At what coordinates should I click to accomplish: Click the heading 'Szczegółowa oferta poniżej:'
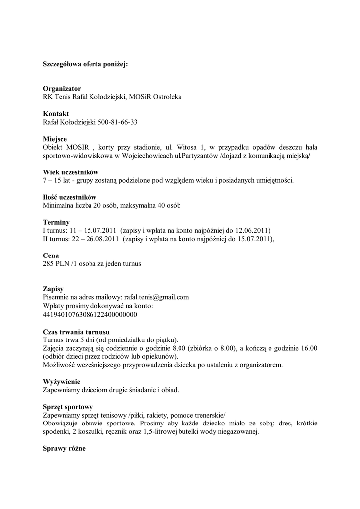[x=85, y=64]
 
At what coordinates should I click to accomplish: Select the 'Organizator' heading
[x=62, y=89]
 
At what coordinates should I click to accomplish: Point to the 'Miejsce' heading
[x=55, y=139]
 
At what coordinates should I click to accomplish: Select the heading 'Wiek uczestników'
[x=71, y=172]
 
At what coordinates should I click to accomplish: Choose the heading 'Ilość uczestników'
[x=70, y=197]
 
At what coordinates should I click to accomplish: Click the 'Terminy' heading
[x=56, y=222]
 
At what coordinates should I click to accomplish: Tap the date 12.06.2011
[x=253, y=231]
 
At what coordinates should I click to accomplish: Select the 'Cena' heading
[x=51, y=255]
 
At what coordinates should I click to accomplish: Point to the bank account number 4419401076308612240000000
[x=90, y=314]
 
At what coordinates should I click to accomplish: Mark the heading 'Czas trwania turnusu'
[x=77, y=332]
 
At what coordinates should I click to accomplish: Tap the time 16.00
[x=308, y=348]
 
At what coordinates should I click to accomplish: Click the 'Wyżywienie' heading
[x=62, y=382]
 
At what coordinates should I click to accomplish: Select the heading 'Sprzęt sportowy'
[x=68, y=407]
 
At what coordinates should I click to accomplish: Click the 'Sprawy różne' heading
[x=64, y=448]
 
